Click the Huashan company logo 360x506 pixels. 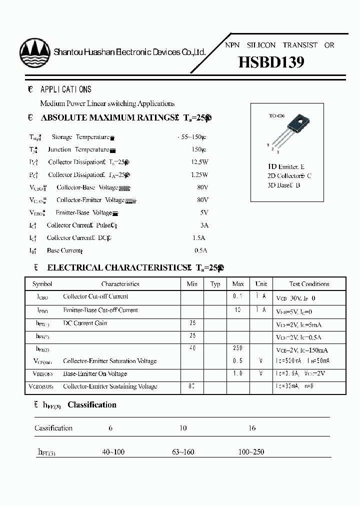pyautogui.click(x=34, y=52)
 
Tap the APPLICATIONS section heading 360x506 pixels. pyautogui.click(x=65, y=89)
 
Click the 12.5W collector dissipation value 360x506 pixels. pyautogui.click(x=199, y=162)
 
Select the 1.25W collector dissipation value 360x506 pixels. pyautogui.click(x=199, y=175)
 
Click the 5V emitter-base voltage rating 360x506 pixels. pyautogui.click(x=203, y=212)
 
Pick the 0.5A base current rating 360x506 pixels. pyautogui.click(x=200, y=250)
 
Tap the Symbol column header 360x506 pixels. pyautogui.click(x=42, y=284)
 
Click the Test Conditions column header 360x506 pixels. pyautogui.click(x=309, y=284)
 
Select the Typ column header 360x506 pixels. pyautogui.click(x=215, y=284)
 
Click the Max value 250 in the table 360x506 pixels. pyautogui.click(x=238, y=348)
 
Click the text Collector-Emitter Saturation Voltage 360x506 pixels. pyautogui.click(x=109, y=361)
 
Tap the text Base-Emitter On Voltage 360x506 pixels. pyautogui.click(x=95, y=374)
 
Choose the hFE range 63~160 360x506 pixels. pyautogui.click(x=183, y=452)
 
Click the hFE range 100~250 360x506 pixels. pyautogui.click(x=251, y=452)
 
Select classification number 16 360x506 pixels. pyautogui.click(x=252, y=428)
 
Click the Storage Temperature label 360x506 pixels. pyautogui.click(x=80, y=137)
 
